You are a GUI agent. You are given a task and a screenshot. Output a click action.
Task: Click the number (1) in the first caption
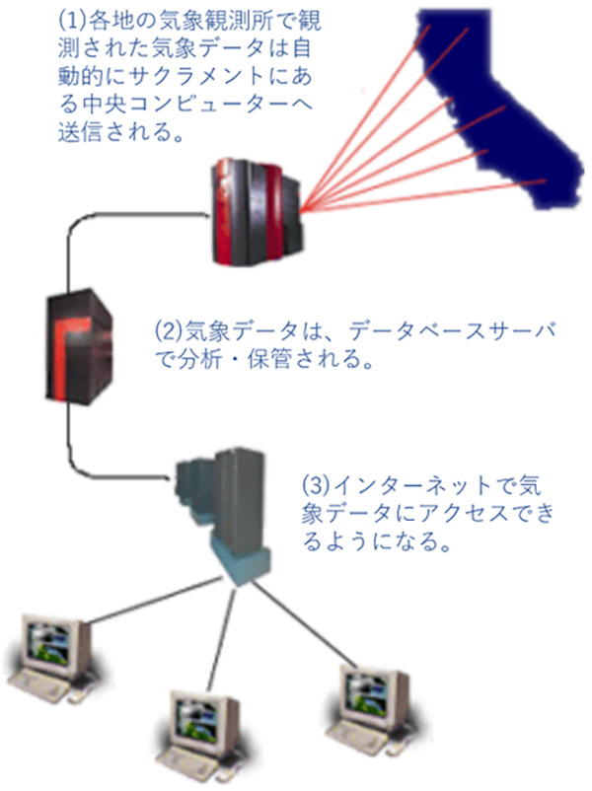coord(75,17)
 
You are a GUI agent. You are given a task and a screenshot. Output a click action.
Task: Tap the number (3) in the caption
coord(315,486)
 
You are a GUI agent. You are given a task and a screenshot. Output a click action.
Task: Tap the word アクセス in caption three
coord(436,515)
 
